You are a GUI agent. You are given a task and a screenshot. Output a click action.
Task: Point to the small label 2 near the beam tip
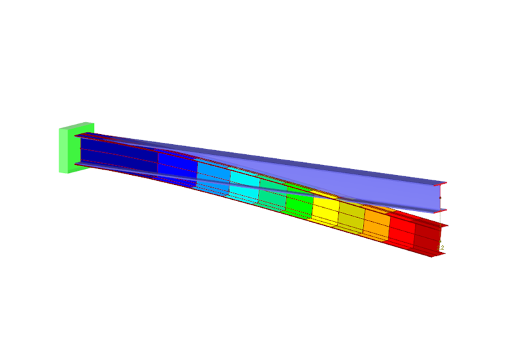click(443, 248)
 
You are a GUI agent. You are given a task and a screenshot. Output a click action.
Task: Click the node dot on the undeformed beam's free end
click(440, 198)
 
